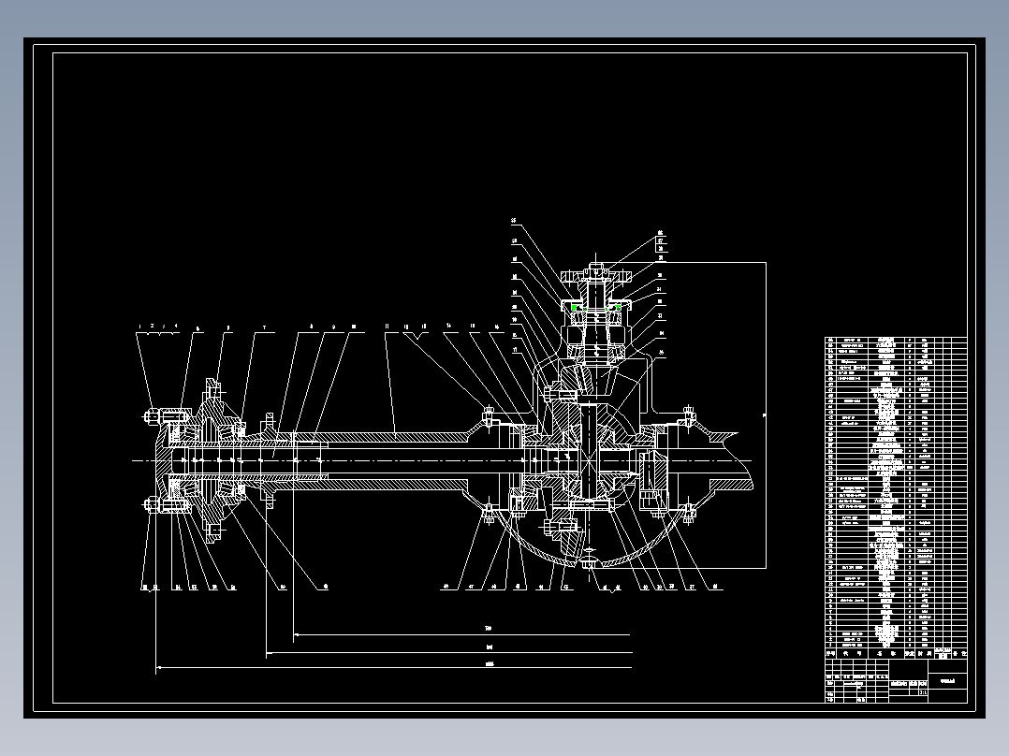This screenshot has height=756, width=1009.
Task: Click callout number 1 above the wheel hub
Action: pos(139,327)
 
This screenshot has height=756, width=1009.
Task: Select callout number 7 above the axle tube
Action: pos(264,327)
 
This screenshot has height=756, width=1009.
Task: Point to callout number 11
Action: pos(386,327)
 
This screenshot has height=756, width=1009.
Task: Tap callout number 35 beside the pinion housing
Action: pos(514,221)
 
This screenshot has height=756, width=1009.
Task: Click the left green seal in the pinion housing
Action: pos(575,307)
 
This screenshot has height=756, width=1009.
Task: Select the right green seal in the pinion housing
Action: pos(618,307)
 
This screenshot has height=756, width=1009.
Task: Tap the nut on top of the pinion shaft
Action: pos(596,269)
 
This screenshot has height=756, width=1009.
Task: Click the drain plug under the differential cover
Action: pos(588,564)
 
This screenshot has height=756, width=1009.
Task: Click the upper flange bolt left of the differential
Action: pos(488,414)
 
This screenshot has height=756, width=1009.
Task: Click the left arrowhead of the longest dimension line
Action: pos(157,668)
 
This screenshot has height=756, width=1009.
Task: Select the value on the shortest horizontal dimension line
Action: pos(487,627)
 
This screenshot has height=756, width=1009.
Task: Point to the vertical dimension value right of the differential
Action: pos(763,414)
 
